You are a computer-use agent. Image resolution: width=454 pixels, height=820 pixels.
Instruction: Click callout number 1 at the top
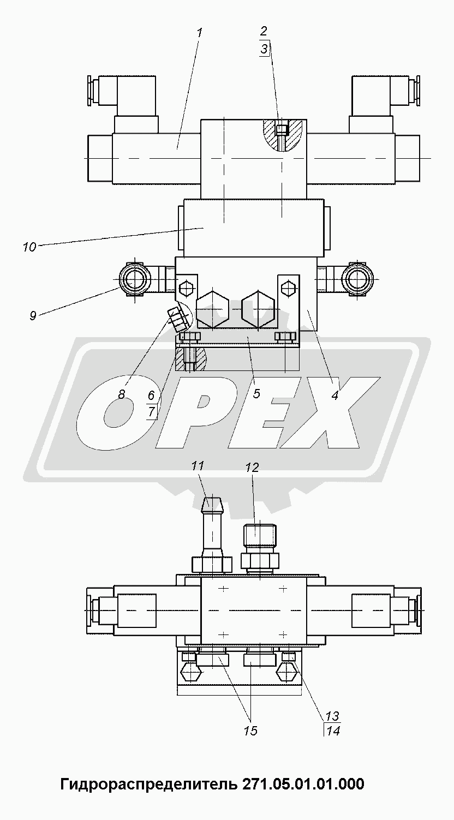coord(199,33)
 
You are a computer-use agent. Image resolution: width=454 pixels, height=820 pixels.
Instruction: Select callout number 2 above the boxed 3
coord(264,31)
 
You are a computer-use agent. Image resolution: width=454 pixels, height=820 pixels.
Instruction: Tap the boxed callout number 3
coord(264,49)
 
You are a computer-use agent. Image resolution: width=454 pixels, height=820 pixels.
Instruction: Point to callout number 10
coord(29,247)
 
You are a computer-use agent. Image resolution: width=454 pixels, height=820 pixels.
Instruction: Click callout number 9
coord(33,315)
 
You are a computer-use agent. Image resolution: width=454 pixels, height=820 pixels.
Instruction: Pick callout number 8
coord(122,394)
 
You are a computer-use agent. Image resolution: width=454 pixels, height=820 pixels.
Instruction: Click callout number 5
coord(256,393)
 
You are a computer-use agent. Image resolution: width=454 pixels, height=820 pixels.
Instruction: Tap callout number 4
coord(334,395)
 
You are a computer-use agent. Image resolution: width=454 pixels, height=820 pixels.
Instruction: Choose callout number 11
coord(198,465)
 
